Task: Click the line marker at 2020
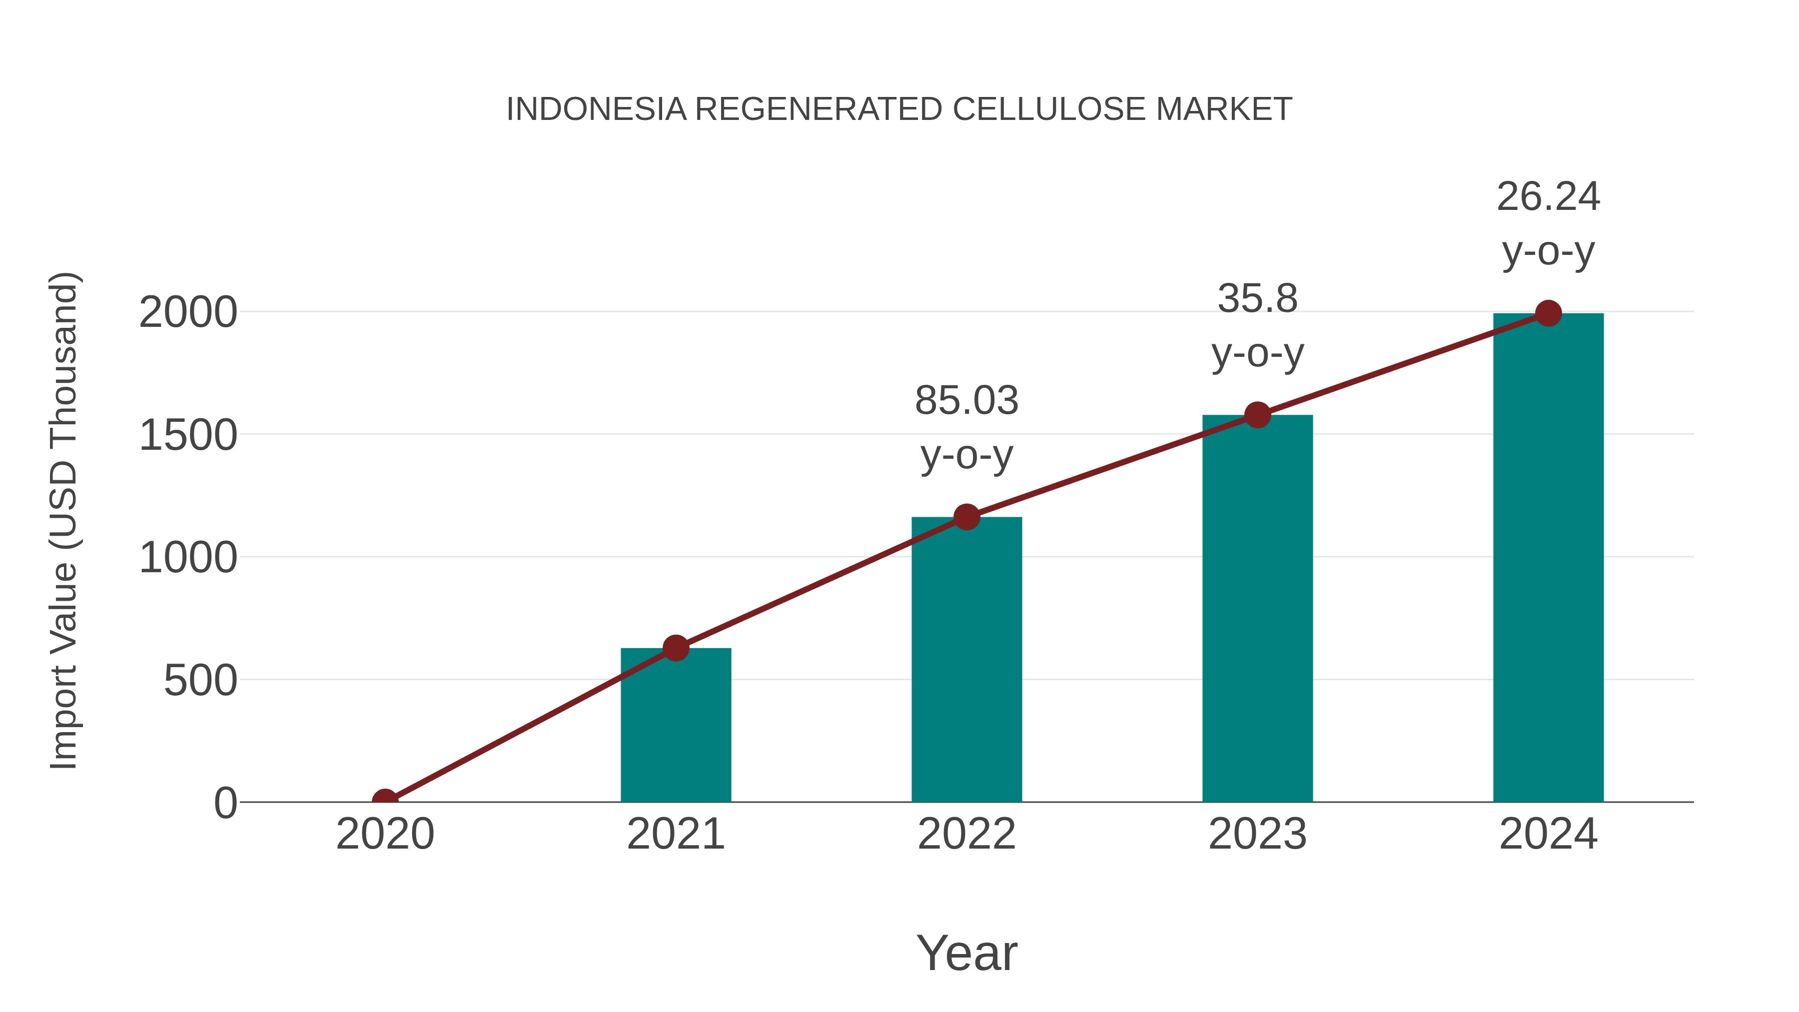[385, 801]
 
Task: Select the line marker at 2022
[966, 518]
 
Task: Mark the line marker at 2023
[1257, 415]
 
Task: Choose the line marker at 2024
[1548, 313]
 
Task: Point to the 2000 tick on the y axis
[188, 312]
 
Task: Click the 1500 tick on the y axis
[188, 435]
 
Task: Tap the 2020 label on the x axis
[385, 834]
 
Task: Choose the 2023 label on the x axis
[1257, 834]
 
